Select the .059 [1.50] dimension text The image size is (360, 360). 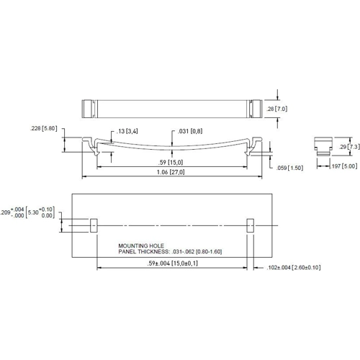(x=289, y=168)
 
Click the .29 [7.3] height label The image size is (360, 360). (x=353, y=147)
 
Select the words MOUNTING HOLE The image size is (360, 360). (x=141, y=246)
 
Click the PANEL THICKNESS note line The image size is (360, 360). (x=171, y=252)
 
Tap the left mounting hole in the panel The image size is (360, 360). (x=93, y=225)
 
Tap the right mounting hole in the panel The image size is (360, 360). (x=251, y=225)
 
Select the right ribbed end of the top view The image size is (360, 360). (x=255, y=108)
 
